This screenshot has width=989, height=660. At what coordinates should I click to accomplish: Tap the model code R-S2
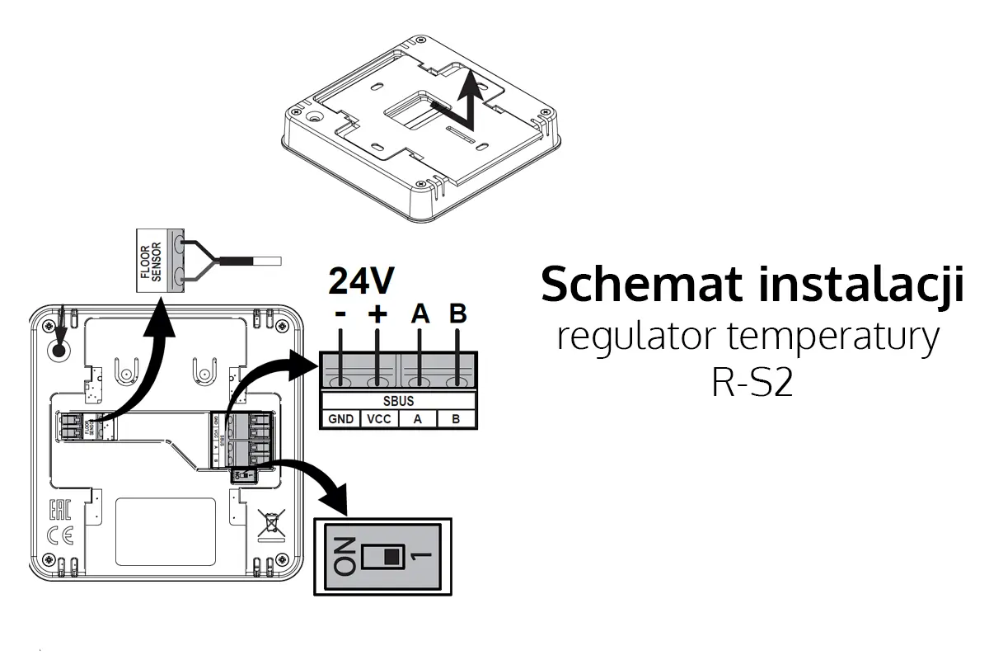752,384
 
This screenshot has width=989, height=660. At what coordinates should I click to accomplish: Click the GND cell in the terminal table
340,419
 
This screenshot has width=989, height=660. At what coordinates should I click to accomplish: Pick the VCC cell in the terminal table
379,419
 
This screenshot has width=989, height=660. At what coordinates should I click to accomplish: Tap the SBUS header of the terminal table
398,401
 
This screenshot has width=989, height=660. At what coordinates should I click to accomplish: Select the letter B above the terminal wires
457,314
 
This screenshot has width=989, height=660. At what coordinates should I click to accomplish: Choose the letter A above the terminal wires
420,314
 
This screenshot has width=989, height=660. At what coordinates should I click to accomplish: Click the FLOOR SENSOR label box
153,260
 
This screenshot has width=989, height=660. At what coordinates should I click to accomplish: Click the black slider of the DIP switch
391,557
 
